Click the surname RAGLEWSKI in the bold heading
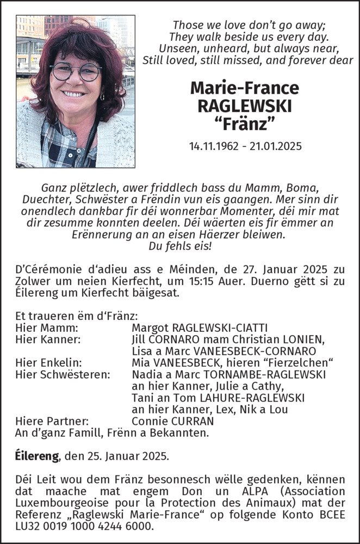[245, 106]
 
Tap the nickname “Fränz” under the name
[245, 125]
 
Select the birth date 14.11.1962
[214, 146]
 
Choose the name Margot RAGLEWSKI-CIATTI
[200, 328]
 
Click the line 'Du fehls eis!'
[180, 245]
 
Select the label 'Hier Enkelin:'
[49, 363]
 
